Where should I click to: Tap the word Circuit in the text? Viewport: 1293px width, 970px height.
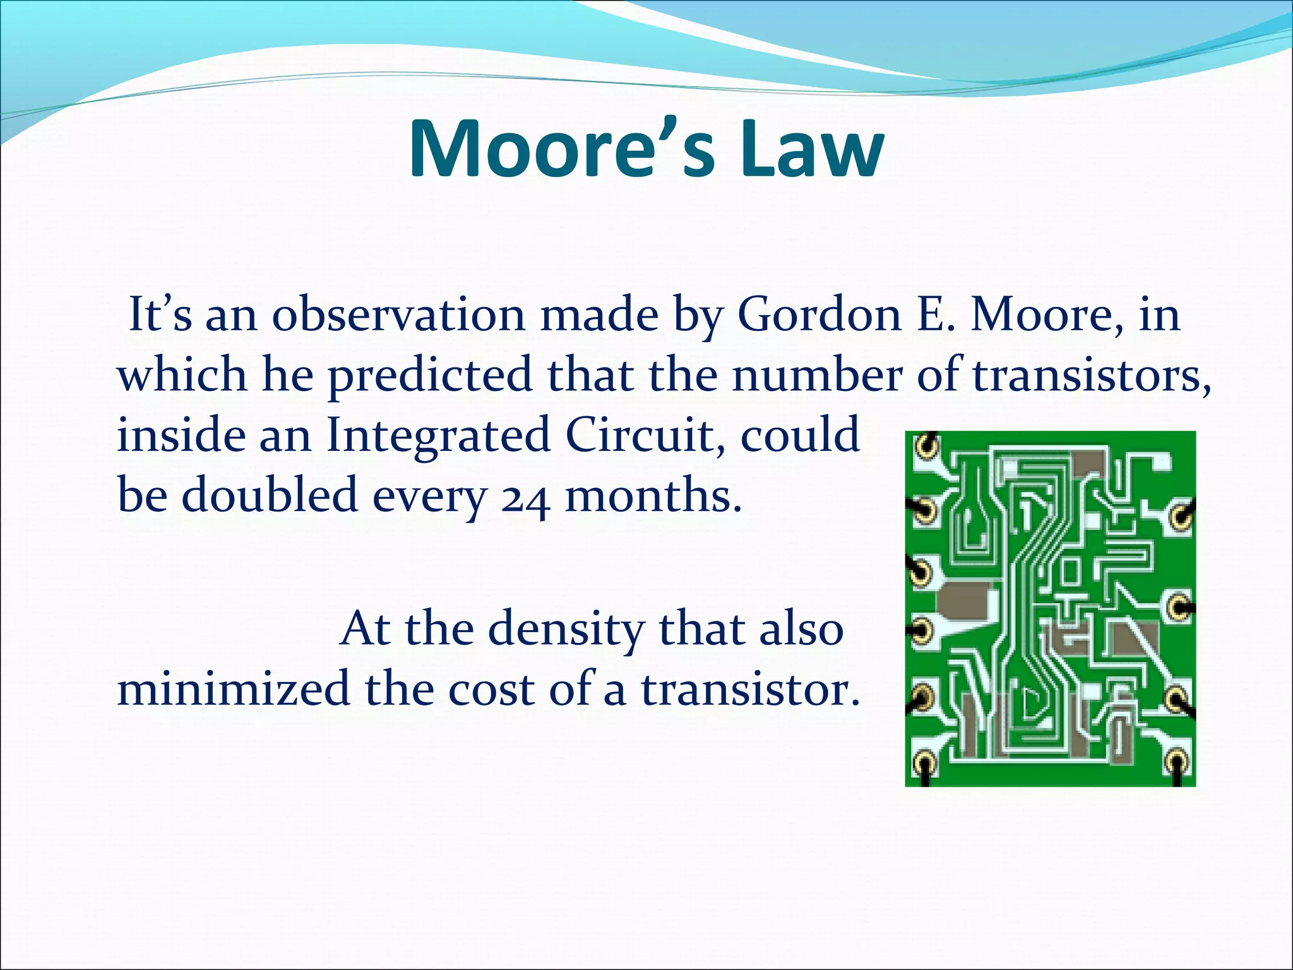pyautogui.click(x=644, y=436)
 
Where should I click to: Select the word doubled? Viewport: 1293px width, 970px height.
pyautogui.click(x=270, y=495)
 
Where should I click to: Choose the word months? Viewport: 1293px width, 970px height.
pyautogui.click(x=653, y=495)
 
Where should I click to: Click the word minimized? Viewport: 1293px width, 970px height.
pyautogui.click(x=234, y=688)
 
